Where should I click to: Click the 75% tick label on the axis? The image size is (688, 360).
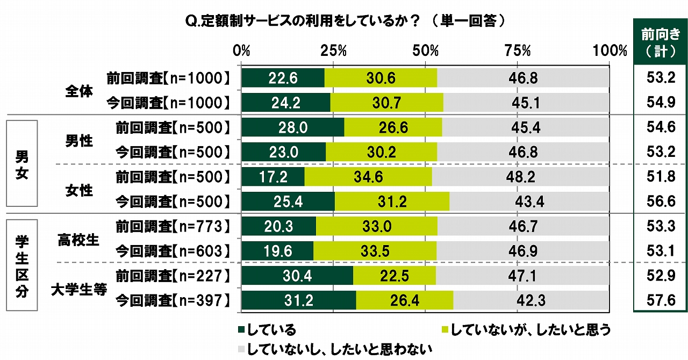[x=518, y=51]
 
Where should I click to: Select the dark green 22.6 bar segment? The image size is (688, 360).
[x=283, y=78]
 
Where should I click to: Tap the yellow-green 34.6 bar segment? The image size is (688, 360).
[x=368, y=177]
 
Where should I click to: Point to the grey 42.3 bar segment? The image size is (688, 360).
[x=531, y=300]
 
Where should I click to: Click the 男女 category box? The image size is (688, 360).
[x=21, y=163]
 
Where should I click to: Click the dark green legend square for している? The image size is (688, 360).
[x=241, y=329]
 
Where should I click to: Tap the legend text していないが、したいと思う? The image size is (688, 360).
[x=531, y=329]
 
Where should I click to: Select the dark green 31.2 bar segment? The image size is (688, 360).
[x=298, y=300]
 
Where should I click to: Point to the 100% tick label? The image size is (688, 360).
[x=609, y=51]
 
